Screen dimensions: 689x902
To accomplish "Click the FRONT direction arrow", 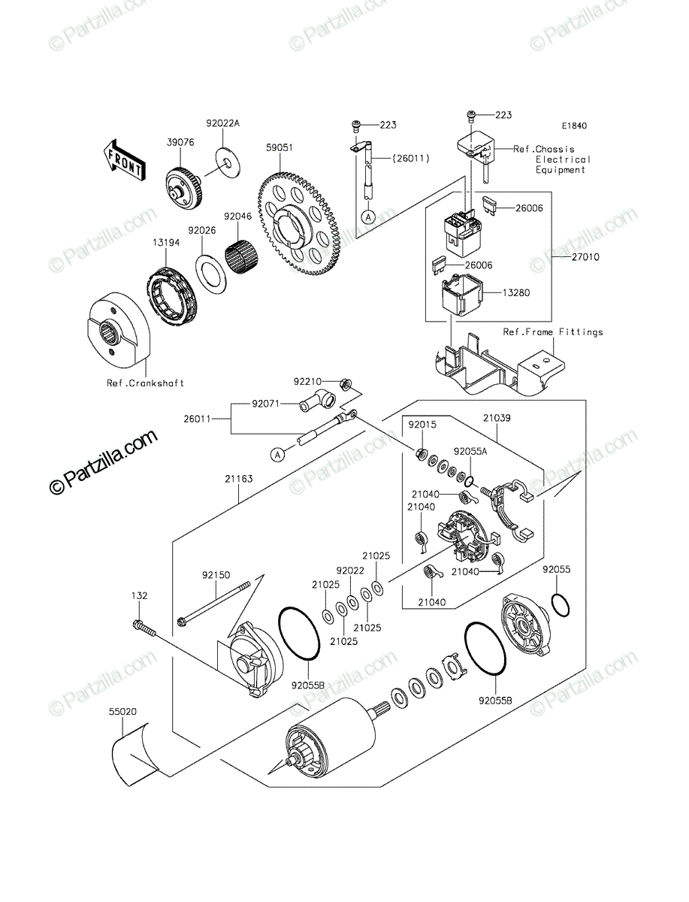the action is click(124, 160).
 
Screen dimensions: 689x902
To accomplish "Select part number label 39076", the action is click(180, 142).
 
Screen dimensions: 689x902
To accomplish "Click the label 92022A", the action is click(223, 123).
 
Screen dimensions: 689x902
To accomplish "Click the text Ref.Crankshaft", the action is click(145, 383).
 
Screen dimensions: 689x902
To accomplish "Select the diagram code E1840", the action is click(575, 126).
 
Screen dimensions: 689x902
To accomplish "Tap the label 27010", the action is click(585, 257).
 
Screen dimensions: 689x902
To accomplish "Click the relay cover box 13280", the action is click(461, 295).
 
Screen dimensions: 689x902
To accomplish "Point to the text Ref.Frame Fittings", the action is click(553, 331).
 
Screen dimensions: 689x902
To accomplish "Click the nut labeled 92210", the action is click(346, 385).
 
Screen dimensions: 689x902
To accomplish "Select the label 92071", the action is click(266, 404).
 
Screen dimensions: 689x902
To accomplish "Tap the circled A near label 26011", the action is click(277, 455).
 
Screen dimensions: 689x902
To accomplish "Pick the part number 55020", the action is click(122, 711).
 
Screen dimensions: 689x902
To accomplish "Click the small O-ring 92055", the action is click(560, 605).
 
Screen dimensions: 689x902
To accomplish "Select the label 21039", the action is click(497, 418).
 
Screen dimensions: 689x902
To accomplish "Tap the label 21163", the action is click(239, 479).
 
